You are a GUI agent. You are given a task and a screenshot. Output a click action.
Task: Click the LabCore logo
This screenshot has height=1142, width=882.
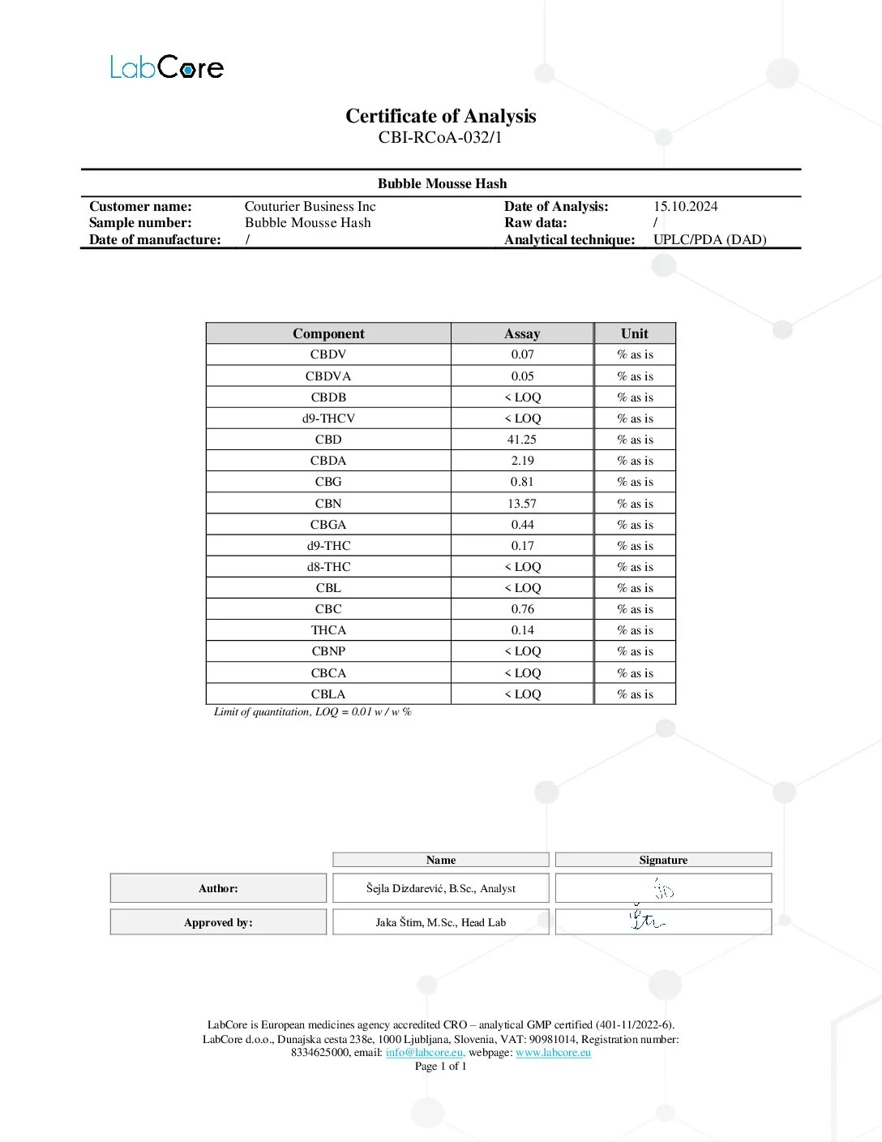pyautogui.click(x=166, y=67)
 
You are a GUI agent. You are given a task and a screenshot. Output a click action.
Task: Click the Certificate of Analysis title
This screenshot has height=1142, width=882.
pyautogui.click(x=440, y=116)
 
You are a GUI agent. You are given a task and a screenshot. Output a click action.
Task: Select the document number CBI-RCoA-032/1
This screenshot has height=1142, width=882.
pyautogui.click(x=440, y=137)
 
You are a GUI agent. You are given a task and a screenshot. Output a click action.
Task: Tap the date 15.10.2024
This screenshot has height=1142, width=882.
pyautogui.click(x=685, y=206)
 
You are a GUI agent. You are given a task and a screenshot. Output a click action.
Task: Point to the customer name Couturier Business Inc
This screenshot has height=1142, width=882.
pyautogui.click(x=310, y=206)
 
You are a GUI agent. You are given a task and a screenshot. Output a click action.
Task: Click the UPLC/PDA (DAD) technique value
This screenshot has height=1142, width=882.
pyautogui.click(x=709, y=239)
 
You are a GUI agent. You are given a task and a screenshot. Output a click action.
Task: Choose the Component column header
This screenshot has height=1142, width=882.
pyautogui.click(x=328, y=333)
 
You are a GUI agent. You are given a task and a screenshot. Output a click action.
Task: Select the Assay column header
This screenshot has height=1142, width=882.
pyautogui.click(x=522, y=333)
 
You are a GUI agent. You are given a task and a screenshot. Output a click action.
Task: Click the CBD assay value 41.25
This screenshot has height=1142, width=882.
pyautogui.click(x=522, y=439)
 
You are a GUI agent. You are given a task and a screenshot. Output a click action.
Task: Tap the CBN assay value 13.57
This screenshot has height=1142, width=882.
pyautogui.click(x=522, y=503)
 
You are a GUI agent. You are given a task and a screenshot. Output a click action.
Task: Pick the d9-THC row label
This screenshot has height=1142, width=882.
pyautogui.click(x=328, y=545)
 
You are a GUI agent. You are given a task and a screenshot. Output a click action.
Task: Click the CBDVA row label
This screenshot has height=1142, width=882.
pyautogui.click(x=328, y=376)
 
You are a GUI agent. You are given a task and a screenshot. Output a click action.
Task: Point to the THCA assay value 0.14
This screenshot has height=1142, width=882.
pyautogui.click(x=522, y=629)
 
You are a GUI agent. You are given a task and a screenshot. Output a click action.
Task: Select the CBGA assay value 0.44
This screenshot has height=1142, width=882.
pyautogui.click(x=522, y=524)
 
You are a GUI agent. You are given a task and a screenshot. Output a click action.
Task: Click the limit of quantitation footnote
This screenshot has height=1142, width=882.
pyautogui.click(x=312, y=711)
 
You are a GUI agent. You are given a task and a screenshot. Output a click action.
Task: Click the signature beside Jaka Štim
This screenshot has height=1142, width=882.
pyautogui.click(x=647, y=921)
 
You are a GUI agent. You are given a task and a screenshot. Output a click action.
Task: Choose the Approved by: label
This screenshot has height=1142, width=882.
pyautogui.click(x=218, y=922)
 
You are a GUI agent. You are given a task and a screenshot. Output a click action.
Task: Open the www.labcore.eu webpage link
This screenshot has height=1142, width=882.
pyautogui.click(x=553, y=1052)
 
